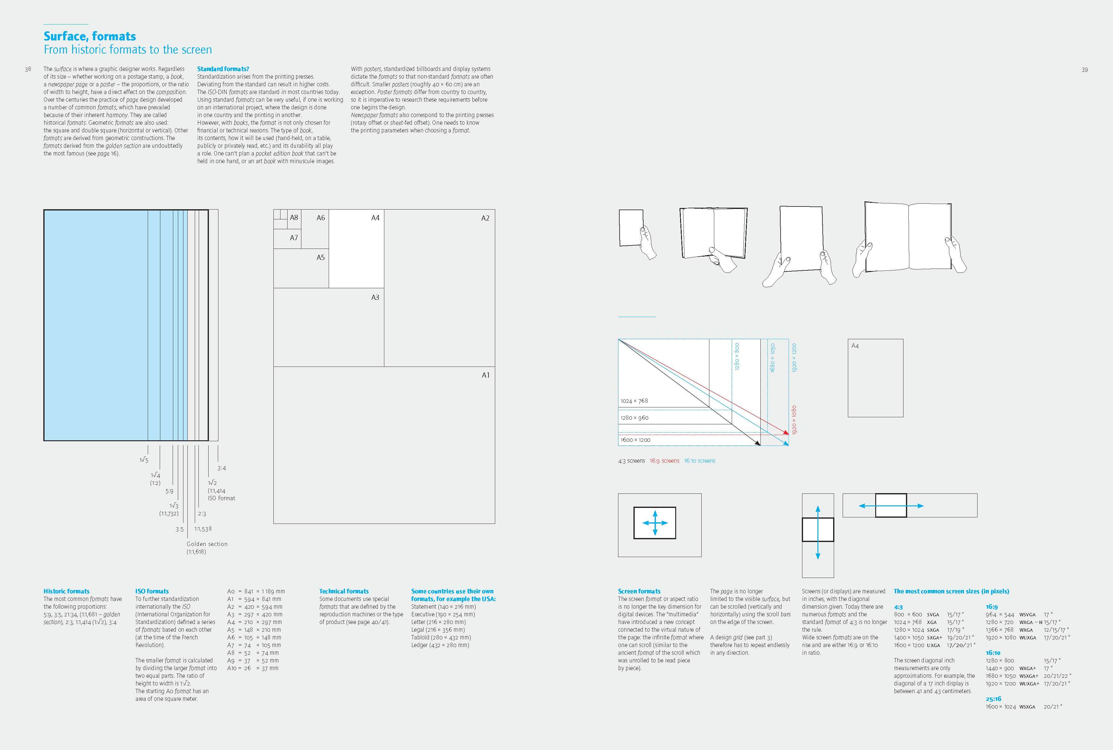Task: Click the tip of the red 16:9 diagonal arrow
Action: click(x=788, y=435)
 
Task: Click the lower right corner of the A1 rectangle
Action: click(x=495, y=523)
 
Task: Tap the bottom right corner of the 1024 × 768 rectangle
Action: click(x=709, y=407)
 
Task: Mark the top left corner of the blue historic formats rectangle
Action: click(x=44, y=210)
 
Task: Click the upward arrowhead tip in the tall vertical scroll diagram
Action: click(x=818, y=506)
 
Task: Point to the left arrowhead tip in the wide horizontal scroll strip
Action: click(x=859, y=505)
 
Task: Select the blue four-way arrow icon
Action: click(x=655, y=523)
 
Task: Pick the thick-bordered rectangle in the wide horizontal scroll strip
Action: click(x=891, y=505)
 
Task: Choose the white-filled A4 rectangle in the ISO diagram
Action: click(x=356, y=249)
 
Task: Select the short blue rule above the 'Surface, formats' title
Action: click(x=66, y=24)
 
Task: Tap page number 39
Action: click(x=1084, y=70)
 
